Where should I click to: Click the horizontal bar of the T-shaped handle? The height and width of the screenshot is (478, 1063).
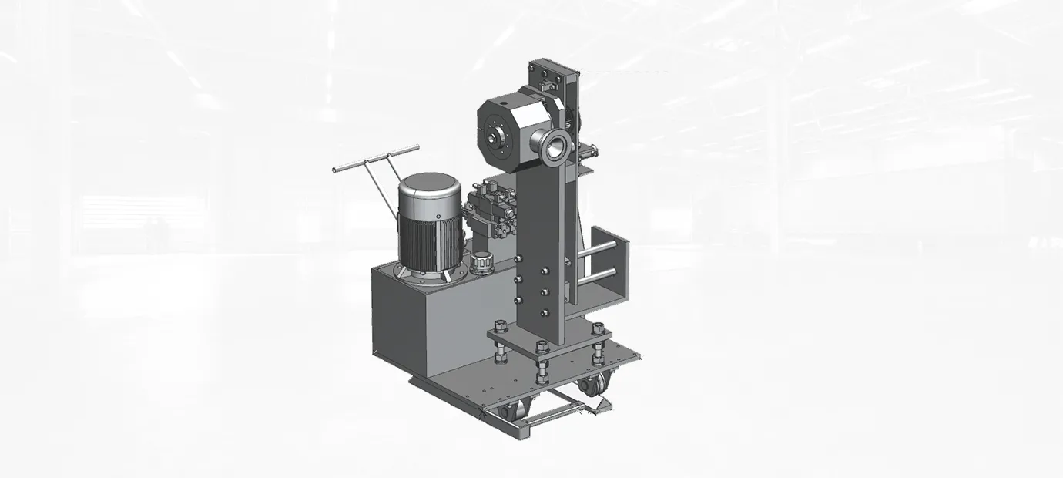[x=375, y=158]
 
